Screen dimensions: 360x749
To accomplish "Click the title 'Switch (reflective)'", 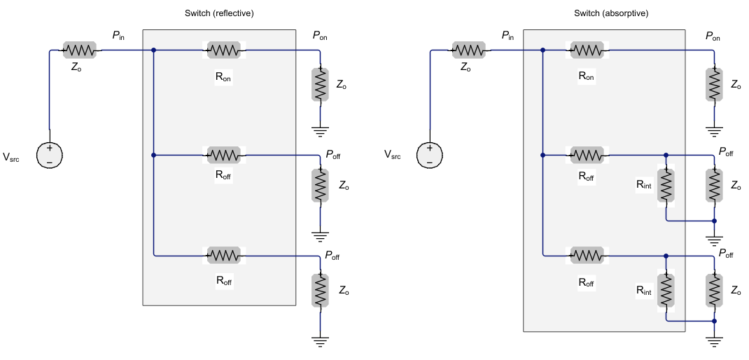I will pyautogui.click(x=218, y=13).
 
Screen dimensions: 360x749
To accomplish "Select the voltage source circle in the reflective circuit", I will pyautogui.click(x=49, y=153).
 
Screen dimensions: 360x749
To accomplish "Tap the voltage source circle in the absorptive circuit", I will pyautogui.click(x=429, y=153).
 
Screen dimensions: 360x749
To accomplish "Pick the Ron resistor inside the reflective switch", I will pyautogui.click(x=223, y=50).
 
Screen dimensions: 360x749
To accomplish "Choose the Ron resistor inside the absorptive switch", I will pyautogui.click(x=587, y=50).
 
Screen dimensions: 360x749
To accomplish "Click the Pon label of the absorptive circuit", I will pyautogui.click(x=712, y=36).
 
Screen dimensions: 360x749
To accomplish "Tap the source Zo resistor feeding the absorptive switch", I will pyautogui.click(x=468, y=50).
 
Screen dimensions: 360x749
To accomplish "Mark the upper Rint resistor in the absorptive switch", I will pyautogui.click(x=666, y=186).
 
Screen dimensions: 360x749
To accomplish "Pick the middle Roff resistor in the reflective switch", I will pyautogui.click(x=223, y=154).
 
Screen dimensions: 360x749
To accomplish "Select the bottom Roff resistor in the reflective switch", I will pyautogui.click(x=223, y=256).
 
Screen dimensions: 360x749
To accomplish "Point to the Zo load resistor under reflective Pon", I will pyautogui.click(x=321, y=84).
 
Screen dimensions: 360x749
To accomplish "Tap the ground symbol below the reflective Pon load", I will pyautogui.click(x=321, y=130).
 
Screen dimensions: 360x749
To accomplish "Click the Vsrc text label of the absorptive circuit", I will pyautogui.click(x=392, y=154).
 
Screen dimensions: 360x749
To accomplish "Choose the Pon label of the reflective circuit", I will pyautogui.click(x=319, y=36).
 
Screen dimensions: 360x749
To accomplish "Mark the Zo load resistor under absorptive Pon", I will pyautogui.click(x=714, y=84).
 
